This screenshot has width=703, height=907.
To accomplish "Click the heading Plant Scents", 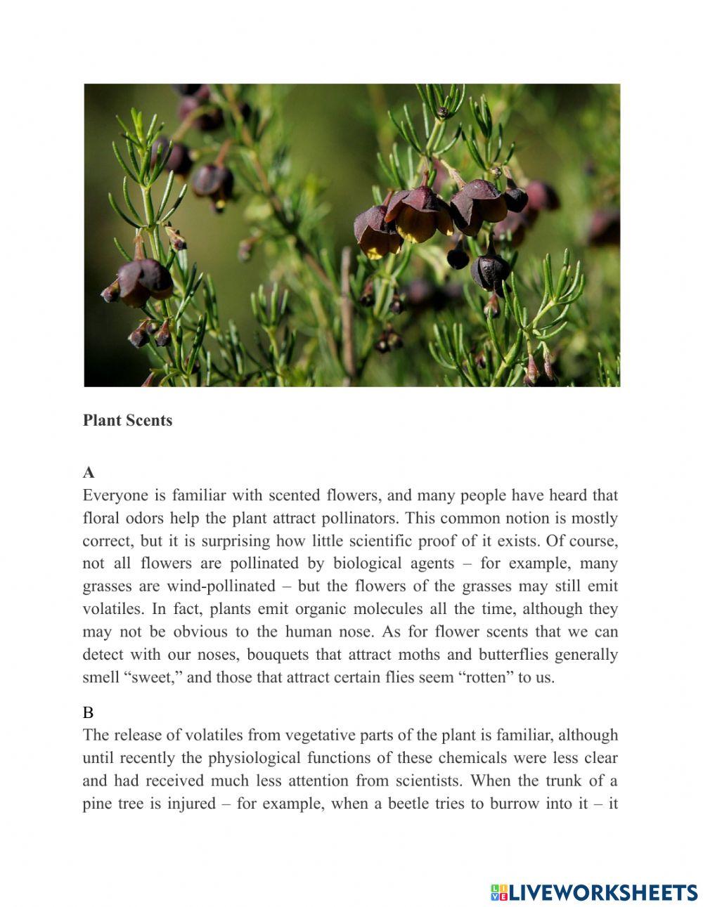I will [127, 420].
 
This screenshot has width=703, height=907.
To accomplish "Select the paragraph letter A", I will [89, 472].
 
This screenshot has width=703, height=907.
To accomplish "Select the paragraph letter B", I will [88, 712].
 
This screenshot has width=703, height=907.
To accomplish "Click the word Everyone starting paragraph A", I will [114, 495].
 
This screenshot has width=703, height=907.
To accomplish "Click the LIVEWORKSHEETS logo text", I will [603, 892].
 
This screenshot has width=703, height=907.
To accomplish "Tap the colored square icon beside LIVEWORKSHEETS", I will [499, 892].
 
